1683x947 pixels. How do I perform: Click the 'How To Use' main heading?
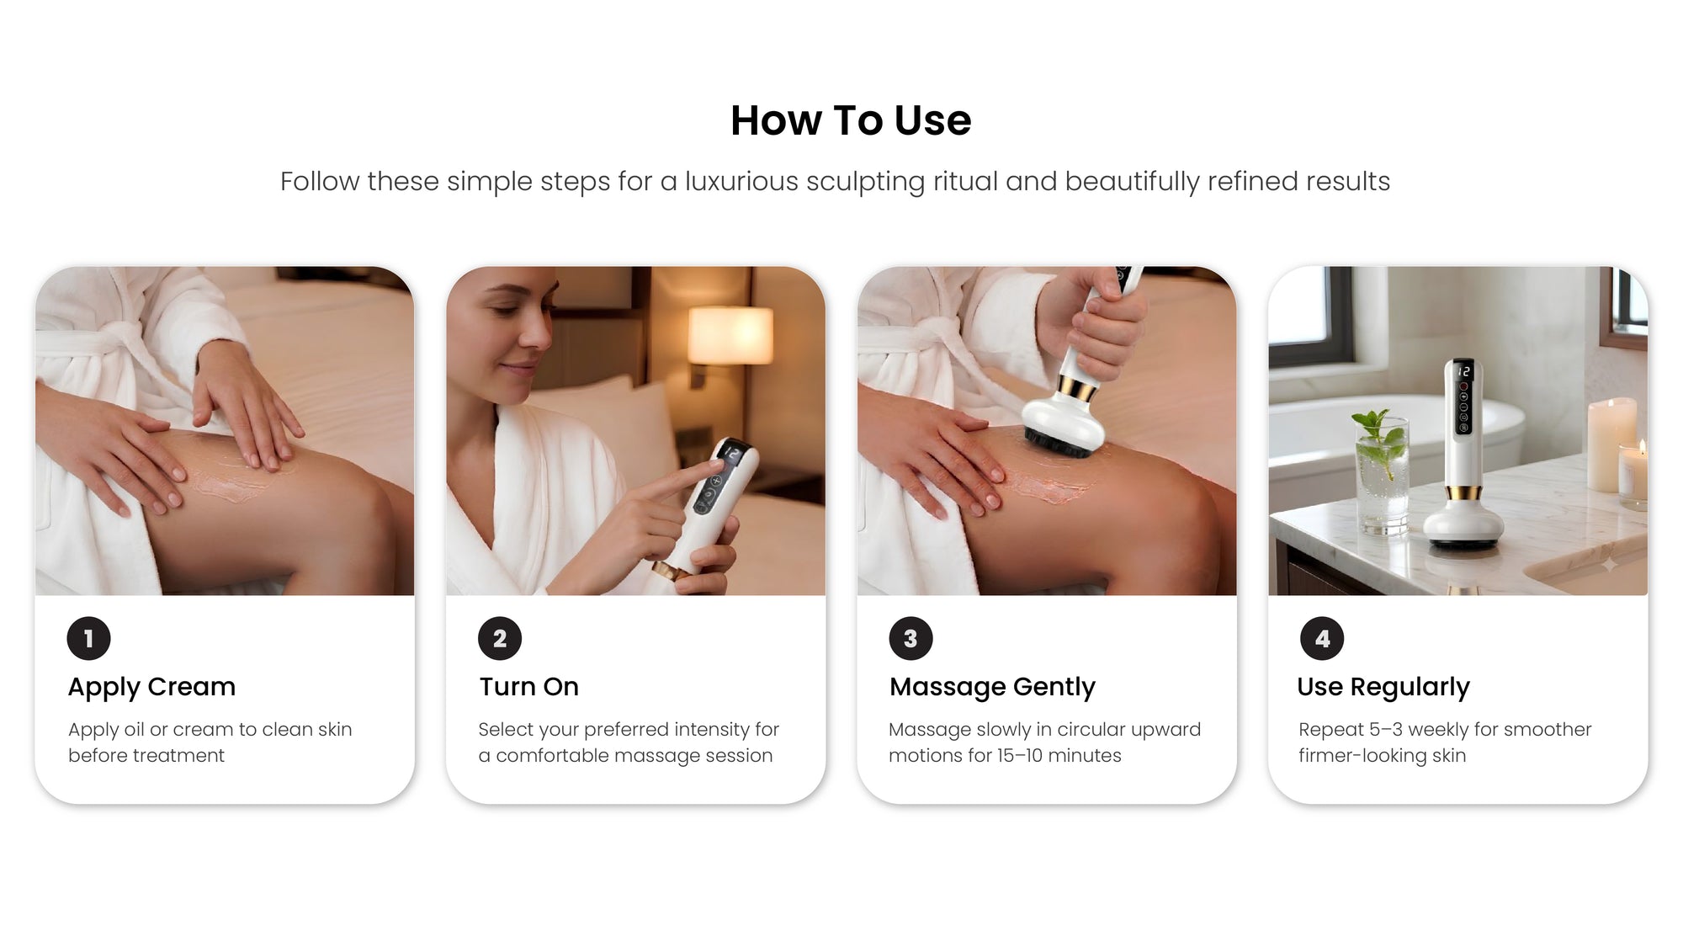click(x=851, y=120)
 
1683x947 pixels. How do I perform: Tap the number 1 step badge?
click(x=88, y=639)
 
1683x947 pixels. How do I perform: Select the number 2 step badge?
click(x=500, y=639)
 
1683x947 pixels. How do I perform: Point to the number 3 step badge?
click(x=911, y=639)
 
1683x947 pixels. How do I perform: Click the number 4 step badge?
click(x=1322, y=639)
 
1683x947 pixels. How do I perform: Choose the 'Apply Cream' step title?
click(x=151, y=687)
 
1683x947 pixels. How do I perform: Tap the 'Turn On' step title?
click(x=529, y=687)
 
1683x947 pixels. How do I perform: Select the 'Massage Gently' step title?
click(x=992, y=687)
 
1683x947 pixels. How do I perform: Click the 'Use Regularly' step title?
click(x=1383, y=687)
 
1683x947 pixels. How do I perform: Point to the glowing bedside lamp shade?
click(x=730, y=335)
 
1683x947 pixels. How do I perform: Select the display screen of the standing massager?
click(x=1463, y=371)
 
